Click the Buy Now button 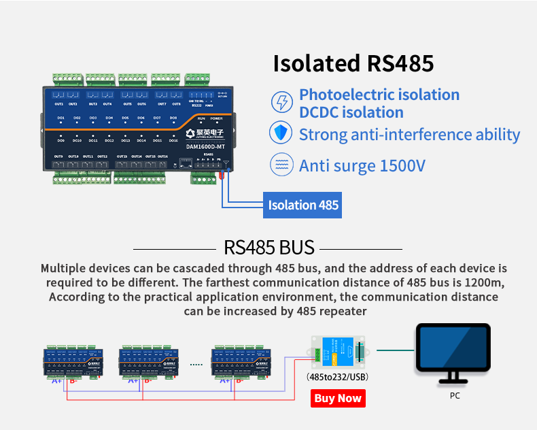[x=338, y=398]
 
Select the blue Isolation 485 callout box [x=302, y=205]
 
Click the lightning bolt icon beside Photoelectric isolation [x=281, y=103]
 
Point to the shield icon [x=281, y=133]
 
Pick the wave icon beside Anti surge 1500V [x=281, y=165]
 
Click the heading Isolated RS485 [x=353, y=63]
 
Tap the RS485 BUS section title [x=268, y=247]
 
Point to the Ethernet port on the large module [x=184, y=163]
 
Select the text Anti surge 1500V [x=362, y=165]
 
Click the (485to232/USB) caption [x=338, y=376]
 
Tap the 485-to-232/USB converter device [x=337, y=352]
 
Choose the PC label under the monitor [x=455, y=395]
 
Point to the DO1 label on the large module [x=60, y=118]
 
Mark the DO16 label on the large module [x=173, y=140]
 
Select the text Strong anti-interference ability [x=409, y=134]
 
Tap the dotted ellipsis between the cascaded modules [x=196, y=365]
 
